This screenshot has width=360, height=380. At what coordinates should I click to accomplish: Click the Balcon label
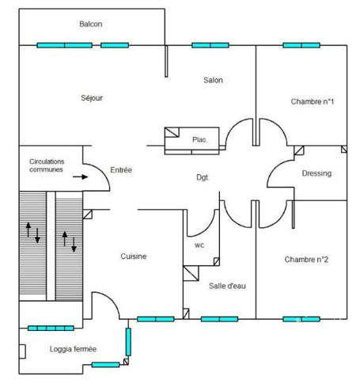click(91, 24)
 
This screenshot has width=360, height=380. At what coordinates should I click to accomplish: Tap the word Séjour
click(92, 98)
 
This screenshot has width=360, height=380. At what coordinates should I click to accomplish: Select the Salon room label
click(213, 80)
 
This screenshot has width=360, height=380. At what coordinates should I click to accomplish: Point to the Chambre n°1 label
click(313, 101)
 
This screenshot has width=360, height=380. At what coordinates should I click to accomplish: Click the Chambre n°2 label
click(306, 260)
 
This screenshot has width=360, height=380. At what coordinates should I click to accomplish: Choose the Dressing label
click(316, 173)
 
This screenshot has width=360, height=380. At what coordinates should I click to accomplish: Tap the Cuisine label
click(134, 256)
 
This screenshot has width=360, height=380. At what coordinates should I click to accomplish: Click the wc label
click(199, 245)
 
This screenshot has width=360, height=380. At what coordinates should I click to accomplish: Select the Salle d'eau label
click(227, 286)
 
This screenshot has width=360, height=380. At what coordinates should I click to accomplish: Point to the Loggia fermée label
click(73, 349)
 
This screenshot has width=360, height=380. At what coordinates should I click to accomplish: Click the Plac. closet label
click(199, 139)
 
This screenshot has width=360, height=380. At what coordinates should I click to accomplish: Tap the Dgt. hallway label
click(203, 177)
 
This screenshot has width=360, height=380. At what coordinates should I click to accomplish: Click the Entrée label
click(121, 170)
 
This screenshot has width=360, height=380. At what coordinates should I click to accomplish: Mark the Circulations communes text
click(47, 165)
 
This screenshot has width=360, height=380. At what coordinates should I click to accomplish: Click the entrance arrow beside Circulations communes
click(81, 177)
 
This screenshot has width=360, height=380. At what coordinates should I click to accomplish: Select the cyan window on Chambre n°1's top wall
click(301, 45)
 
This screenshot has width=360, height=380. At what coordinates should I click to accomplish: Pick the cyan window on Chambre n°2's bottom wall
click(301, 319)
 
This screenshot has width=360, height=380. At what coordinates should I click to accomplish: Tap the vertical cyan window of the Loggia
click(128, 342)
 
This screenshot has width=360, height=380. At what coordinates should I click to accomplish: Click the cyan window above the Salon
click(210, 45)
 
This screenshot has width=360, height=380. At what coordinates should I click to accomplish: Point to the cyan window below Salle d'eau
click(219, 319)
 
